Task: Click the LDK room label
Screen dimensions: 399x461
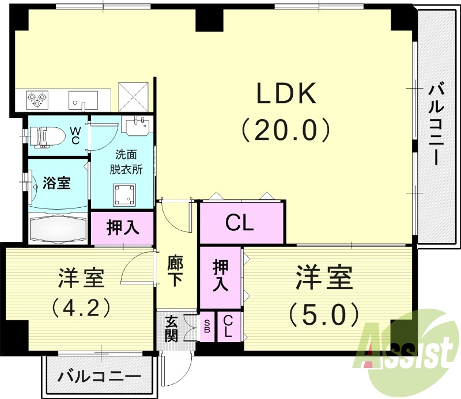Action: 286,93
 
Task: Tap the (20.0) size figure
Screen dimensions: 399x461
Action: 286,130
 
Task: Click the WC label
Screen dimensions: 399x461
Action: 75,136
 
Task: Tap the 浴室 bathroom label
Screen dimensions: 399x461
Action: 57,184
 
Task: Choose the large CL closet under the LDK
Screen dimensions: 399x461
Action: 240,223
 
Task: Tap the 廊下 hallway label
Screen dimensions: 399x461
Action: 176,270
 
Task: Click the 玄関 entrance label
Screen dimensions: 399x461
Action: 171,329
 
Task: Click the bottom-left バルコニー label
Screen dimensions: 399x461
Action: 99,378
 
